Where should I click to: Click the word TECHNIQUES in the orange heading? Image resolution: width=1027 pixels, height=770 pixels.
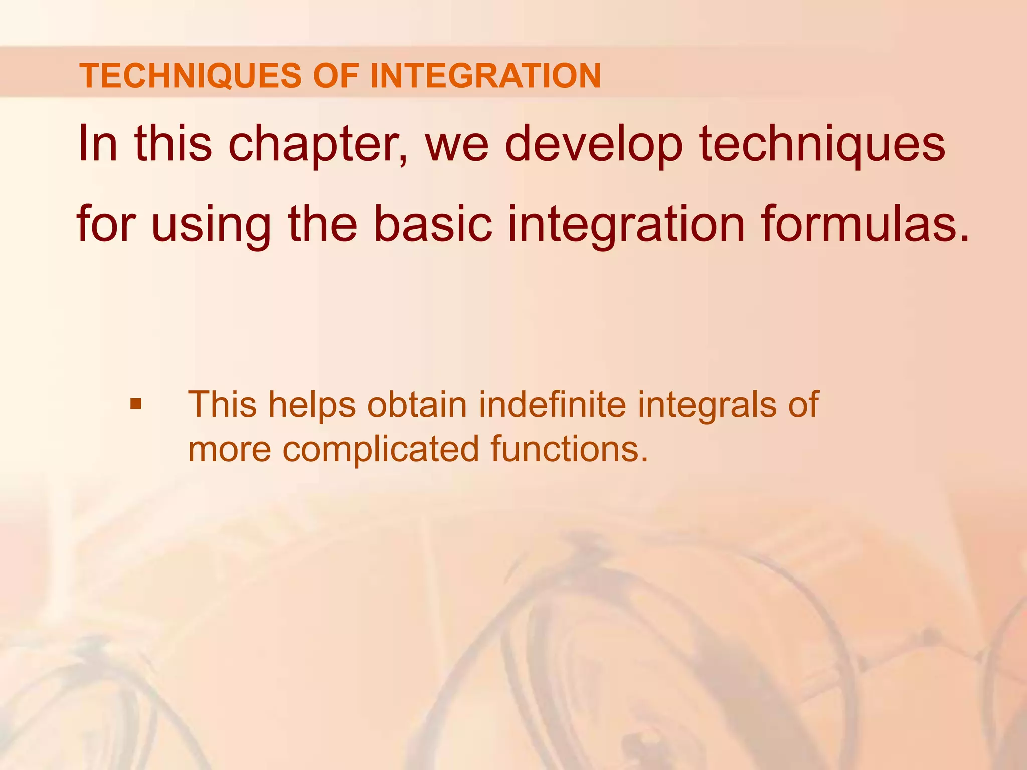[191, 76]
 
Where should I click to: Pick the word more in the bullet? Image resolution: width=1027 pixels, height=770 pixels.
[229, 449]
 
